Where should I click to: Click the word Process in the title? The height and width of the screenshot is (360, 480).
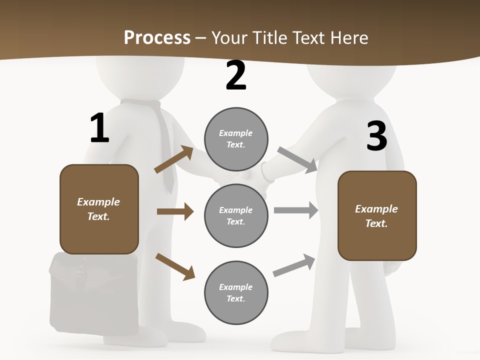[x=157, y=37]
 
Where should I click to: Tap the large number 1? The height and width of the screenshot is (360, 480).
[x=99, y=128]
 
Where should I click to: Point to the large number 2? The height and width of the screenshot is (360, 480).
[x=236, y=75]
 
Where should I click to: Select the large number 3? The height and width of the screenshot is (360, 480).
[x=376, y=136]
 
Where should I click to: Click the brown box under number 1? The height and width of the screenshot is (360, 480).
[x=99, y=209]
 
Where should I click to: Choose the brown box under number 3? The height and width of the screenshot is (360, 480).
[x=377, y=215]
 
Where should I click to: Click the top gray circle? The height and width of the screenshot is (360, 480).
[x=236, y=139]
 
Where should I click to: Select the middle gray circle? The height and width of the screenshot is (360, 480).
[x=236, y=215]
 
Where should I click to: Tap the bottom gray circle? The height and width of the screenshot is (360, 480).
[x=236, y=292]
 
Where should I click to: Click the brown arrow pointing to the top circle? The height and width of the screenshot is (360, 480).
[x=174, y=159]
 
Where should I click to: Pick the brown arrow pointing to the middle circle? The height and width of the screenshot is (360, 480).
[x=175, y=211]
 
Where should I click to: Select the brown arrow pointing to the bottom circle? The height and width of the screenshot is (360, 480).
[x=175, y=266]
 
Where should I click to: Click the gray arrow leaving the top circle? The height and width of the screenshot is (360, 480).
[x=297, y=160]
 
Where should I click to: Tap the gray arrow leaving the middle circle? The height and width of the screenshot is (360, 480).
[x=296, y=210]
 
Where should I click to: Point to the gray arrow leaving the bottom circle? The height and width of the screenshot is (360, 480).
[x=294, y=265]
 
